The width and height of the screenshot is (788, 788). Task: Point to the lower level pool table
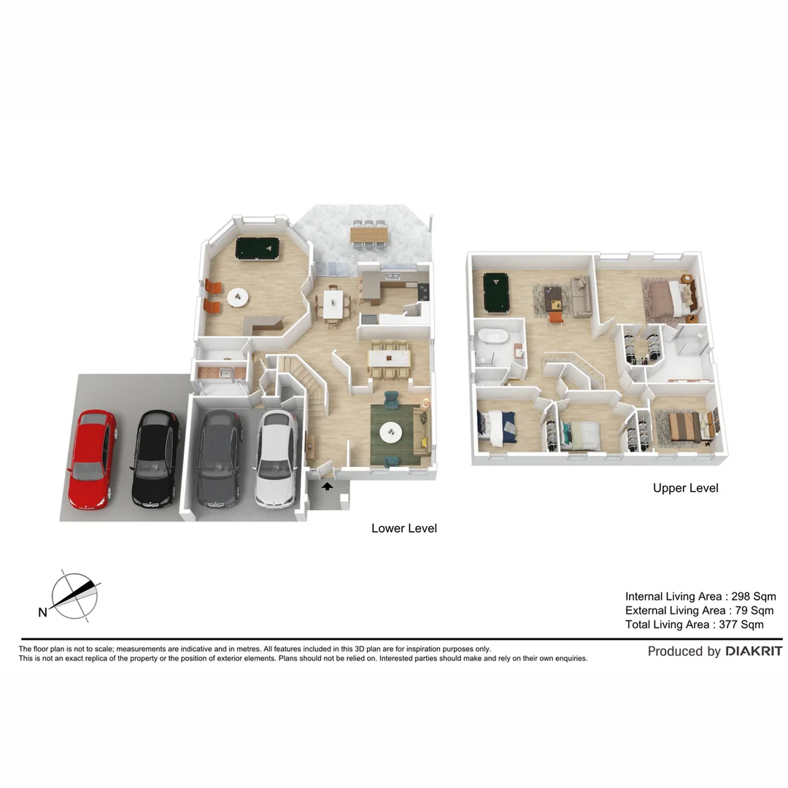point(257,248)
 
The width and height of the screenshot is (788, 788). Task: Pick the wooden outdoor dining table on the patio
point(369,234)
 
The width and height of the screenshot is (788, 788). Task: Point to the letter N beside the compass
point(42,613)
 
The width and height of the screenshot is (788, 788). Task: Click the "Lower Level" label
point(403,528)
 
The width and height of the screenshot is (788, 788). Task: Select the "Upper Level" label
point(685,488)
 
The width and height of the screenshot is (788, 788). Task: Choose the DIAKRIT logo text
point(753,651)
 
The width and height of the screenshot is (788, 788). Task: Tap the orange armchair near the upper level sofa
point(556,316)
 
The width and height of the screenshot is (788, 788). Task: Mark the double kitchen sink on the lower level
point(392,277)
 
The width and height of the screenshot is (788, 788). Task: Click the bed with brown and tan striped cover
point(684,427)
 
